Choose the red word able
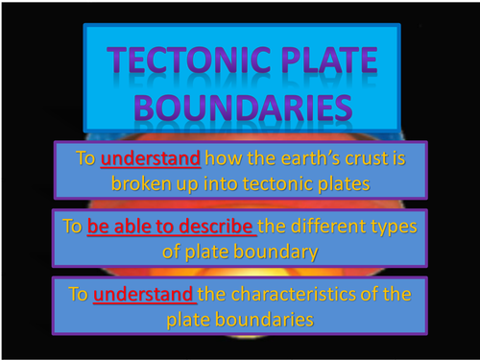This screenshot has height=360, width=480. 140,228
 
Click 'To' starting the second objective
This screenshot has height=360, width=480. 71,228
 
